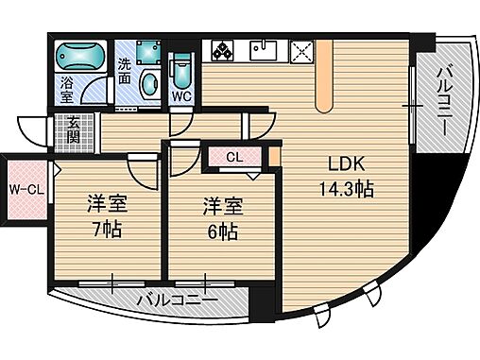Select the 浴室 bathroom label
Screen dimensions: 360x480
pos(68,90)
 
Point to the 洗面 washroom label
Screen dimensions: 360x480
pos(125,73)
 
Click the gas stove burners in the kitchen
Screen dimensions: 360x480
pos(224,50)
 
